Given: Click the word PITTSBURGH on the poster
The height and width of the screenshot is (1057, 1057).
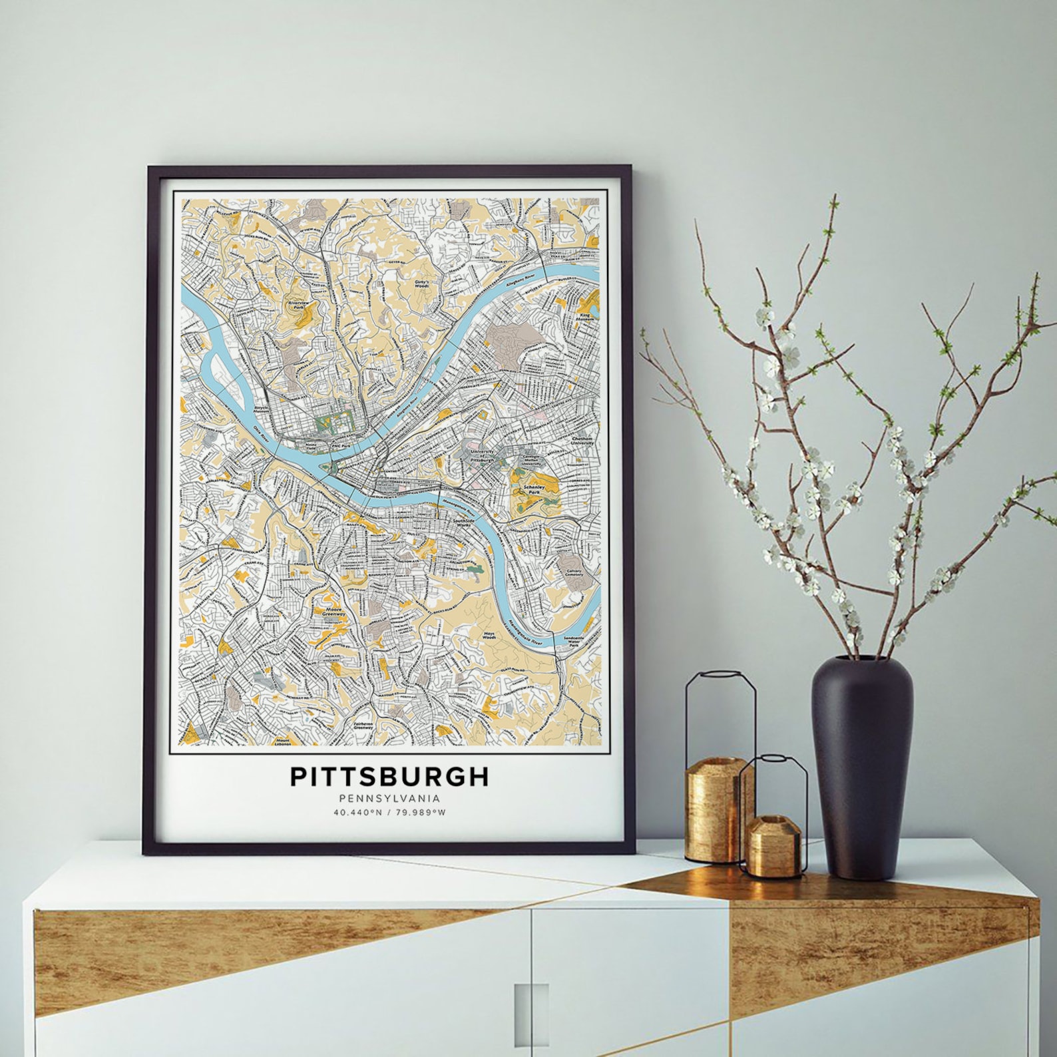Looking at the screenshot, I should coord(389,776).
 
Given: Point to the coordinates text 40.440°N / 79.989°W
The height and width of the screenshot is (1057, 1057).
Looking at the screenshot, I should coord(389,813).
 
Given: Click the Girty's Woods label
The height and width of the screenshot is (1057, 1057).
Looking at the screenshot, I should coord(421,284).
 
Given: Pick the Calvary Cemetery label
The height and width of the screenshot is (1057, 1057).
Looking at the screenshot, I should coord(574,573).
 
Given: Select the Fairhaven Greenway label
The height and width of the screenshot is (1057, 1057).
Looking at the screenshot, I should coord(362,726).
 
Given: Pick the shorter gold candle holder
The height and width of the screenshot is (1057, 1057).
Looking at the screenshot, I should coord(772,844).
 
